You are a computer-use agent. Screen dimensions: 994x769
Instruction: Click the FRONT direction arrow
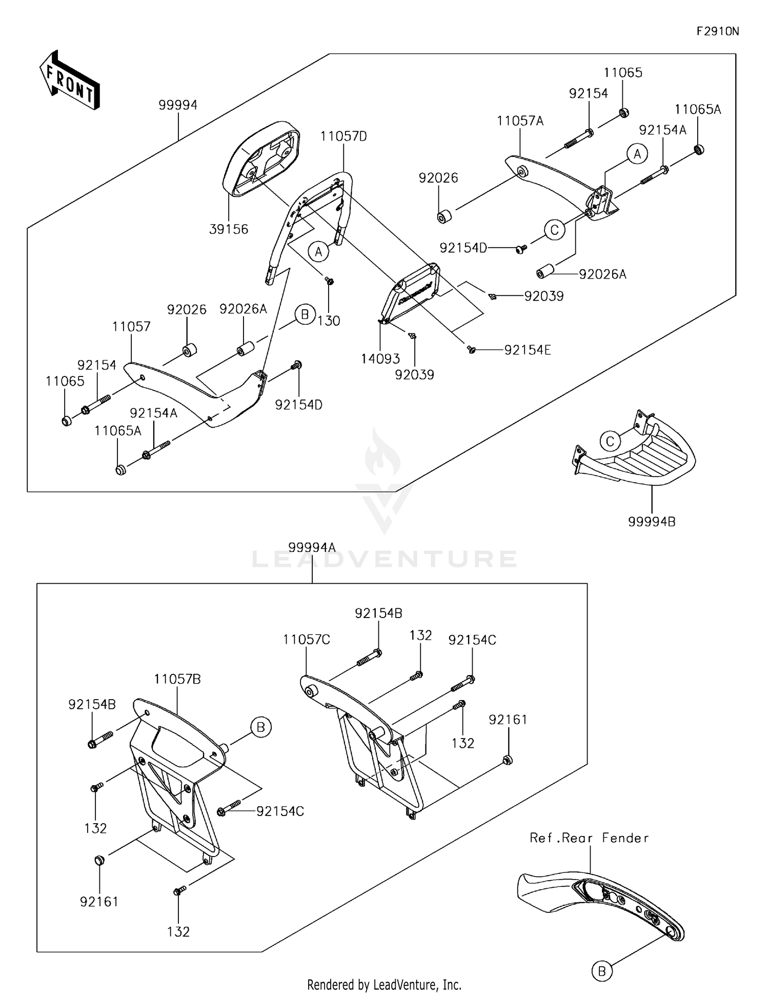[69, 80]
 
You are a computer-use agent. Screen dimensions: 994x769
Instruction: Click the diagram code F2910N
[717, 31]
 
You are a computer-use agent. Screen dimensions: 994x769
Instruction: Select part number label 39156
[229, 229]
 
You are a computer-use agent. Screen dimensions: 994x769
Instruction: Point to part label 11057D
[343, 136]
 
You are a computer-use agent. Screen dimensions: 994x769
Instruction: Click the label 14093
[380, 359]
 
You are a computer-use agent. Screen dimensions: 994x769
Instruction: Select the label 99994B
[652, 522]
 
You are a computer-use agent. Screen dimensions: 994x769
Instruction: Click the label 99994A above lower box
[312, 547]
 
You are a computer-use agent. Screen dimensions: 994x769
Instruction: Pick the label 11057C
[306, 640]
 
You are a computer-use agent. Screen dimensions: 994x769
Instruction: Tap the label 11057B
[177, 679]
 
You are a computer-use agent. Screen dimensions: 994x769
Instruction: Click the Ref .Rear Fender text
[589, 838]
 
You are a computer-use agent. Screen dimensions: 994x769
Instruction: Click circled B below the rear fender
[602, 971]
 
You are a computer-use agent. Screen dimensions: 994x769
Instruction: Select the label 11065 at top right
[623, 72]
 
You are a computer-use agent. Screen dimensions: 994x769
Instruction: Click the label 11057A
[520, 121]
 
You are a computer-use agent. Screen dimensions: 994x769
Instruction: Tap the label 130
[329, 321]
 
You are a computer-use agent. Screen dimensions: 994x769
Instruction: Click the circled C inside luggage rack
[610, 441]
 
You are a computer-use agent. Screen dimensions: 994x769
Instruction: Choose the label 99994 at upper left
[178, 105]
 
